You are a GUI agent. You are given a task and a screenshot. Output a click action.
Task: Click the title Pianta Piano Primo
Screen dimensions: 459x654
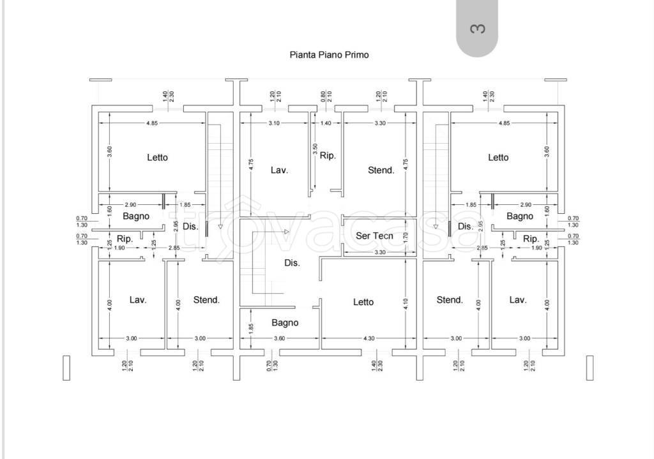pos(329,55)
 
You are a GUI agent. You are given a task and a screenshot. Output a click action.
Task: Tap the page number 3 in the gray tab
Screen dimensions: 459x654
pos(477,29)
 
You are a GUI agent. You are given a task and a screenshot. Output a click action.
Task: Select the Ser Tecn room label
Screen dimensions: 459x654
pos(374,236)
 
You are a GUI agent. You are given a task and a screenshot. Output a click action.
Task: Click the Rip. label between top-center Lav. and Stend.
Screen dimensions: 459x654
pos(328,155)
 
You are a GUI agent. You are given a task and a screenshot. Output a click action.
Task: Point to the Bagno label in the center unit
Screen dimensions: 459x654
pos(285,322)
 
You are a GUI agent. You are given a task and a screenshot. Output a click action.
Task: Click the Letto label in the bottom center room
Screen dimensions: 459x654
pos(363,302)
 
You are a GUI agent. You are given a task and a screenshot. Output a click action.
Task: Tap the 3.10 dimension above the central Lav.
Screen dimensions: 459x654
pos(274,123)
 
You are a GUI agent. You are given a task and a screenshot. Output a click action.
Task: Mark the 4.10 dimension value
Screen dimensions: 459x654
pos(406,305)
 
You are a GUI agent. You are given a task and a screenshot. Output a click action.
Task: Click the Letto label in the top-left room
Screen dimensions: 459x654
pos(157,157)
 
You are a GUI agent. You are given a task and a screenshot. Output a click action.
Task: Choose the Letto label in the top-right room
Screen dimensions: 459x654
pos(498,157)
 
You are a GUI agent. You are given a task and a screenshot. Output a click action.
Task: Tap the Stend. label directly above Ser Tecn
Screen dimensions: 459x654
pos(381,170)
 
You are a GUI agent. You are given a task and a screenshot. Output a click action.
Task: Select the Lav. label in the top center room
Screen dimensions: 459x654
pos(279,170)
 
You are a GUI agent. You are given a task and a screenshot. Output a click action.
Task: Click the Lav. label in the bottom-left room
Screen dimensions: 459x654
pos(138,299)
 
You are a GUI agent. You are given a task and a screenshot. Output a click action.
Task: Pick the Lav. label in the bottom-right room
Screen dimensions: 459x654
pos(517,299)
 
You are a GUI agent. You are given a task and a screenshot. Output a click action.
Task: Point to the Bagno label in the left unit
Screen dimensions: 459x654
pos(136,216)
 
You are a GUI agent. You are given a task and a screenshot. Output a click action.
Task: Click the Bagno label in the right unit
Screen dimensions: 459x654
pos(520,216)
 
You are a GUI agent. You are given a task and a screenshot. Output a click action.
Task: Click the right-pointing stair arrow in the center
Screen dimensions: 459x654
pos(287,231)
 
